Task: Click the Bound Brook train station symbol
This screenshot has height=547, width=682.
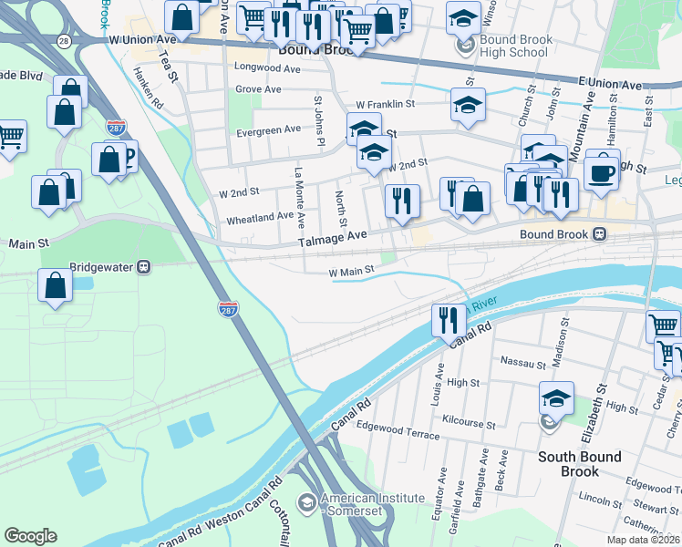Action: tap(599, 233)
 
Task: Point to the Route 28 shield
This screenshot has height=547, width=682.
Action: tap(63, 41)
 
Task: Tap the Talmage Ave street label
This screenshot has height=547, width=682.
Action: tap(333, 234)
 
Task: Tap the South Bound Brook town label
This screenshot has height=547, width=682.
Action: tap(580, 464)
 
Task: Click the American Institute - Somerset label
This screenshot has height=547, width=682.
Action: tap(376, 504)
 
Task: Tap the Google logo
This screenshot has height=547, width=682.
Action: tap(31, 536)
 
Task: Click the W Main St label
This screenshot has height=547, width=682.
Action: tap(352, 271)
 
